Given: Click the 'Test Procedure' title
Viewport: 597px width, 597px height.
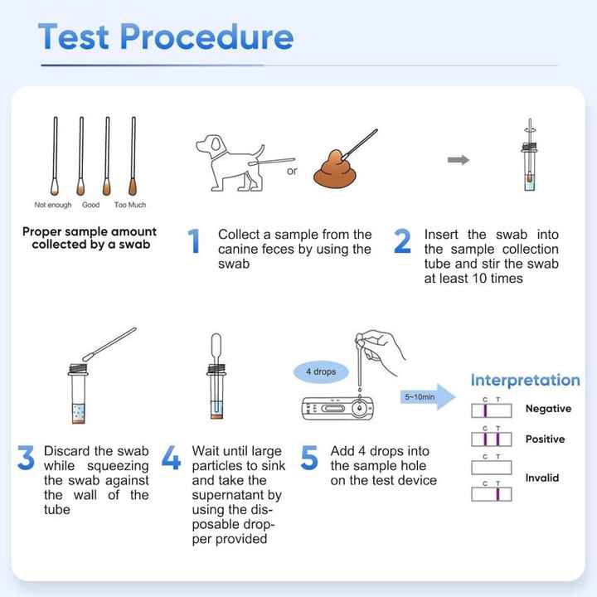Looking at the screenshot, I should click(x=166, y=36).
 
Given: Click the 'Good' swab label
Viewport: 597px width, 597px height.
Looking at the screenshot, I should click(x=90, y=205).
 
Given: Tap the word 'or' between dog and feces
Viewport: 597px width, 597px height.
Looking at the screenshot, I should click(x=291, y=172).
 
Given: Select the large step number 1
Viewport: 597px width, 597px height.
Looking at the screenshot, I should click(x=195, y=241).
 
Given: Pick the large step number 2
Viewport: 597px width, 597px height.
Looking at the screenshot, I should click(x=402, y=241).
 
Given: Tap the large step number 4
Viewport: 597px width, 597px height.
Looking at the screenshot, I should click(x=171, y=458).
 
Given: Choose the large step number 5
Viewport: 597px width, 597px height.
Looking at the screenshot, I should click(x=309, y=458).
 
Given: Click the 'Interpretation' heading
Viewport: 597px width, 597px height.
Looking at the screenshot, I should click(x=525, y=381).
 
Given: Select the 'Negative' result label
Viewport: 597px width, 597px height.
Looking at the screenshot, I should click(x=548, y=409).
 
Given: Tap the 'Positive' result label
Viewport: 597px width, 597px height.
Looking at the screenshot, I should click(x=545, y=439).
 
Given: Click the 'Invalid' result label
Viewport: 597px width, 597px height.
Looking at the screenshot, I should click(x=542, y=478).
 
